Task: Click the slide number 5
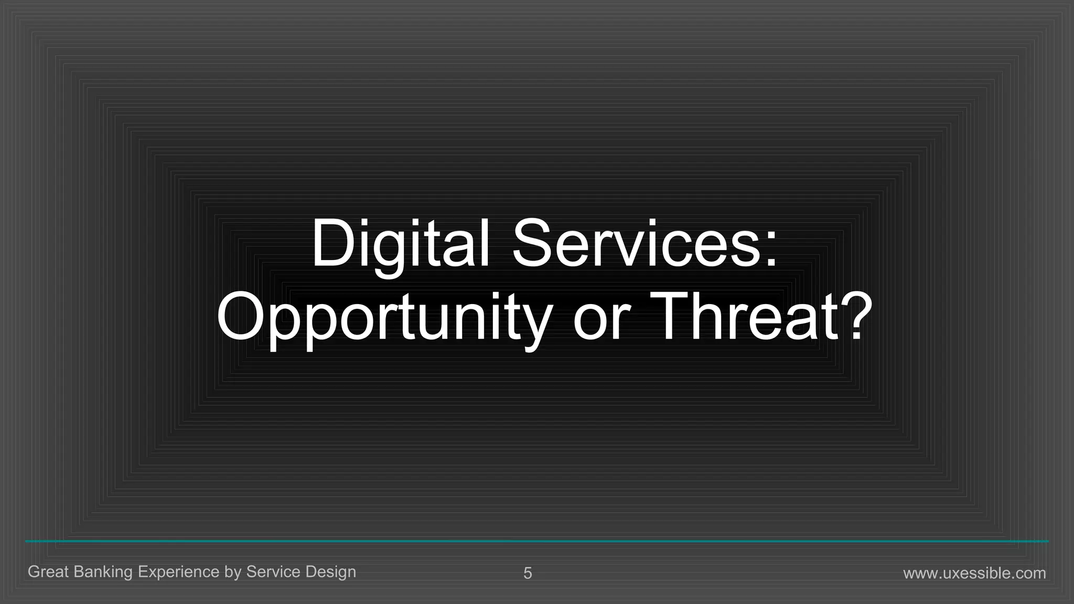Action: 528,573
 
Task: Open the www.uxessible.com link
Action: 974,573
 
